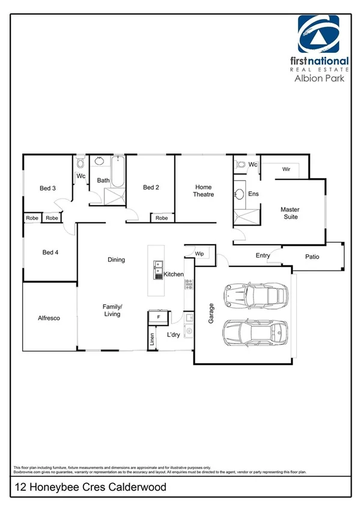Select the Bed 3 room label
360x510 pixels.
point(48,188)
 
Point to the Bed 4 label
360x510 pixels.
point(50,252)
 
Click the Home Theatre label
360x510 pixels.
point(203,191)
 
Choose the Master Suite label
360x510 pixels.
point(290,214)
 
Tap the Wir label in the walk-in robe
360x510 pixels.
point(285,170)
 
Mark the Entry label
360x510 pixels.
point(263,256)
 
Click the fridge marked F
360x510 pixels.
point(158,316)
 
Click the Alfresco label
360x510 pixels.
point(48,318)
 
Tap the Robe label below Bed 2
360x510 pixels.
point(162,218)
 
